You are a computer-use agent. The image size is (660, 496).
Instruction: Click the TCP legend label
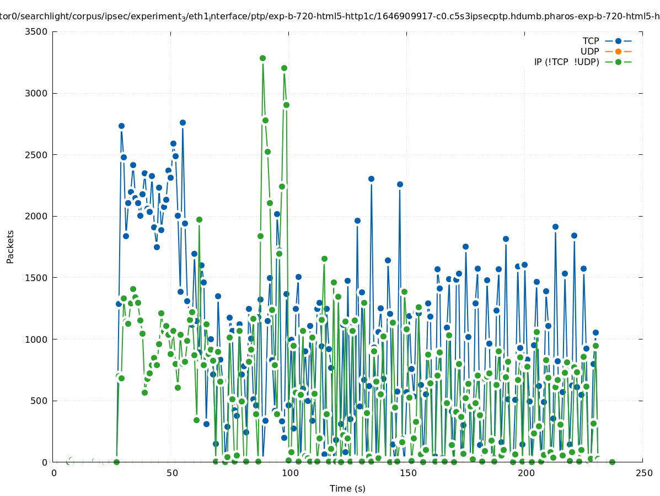pos(591,41)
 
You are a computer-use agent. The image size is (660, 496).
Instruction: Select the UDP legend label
pos(589,51)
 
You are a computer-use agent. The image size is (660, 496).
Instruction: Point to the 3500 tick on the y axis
pos(36,31)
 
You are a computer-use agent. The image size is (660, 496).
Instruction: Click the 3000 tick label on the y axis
pos(36,93)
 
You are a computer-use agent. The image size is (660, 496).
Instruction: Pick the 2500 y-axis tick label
pos(36,155)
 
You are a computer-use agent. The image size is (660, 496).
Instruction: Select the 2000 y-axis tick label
pos(36,216)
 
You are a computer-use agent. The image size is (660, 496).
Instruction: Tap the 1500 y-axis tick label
pos(36,278)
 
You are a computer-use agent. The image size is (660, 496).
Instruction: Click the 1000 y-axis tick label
pos(36,339)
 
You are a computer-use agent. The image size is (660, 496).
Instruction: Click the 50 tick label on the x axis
pos(171,473)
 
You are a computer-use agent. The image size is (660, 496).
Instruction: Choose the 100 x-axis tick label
pos(289,473)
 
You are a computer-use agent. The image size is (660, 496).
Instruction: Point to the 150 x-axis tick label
pos(407,473)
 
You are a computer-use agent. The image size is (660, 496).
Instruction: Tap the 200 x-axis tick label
pos(525,473)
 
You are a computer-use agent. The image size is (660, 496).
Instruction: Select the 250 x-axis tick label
pos(643,473)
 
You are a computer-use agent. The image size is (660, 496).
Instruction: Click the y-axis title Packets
pos(10,246)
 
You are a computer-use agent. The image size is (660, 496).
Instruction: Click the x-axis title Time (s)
pos(347,488)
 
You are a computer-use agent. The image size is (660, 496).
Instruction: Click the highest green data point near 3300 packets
pos(262,58)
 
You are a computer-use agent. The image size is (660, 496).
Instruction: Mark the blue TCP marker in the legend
pos(618,41)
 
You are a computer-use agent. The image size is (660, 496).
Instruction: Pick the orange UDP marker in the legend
pos(618,51)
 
